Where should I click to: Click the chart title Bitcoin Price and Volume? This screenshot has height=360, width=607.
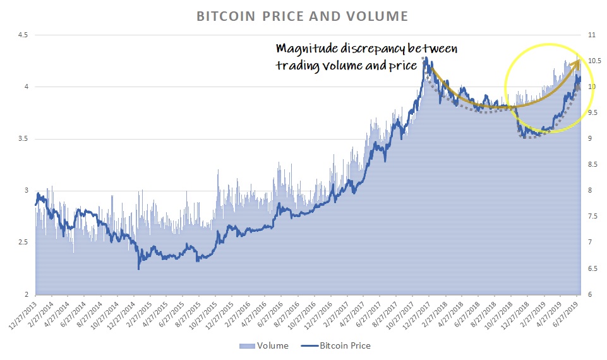point(303,15)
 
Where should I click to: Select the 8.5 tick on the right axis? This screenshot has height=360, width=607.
point(592,165)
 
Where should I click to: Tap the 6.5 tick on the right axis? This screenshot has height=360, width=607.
point(592,268)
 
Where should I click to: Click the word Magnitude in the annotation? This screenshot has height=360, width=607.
point(301,49)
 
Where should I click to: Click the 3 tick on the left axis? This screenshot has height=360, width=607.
point(25,191)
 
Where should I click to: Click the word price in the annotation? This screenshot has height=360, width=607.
point(405,66)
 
